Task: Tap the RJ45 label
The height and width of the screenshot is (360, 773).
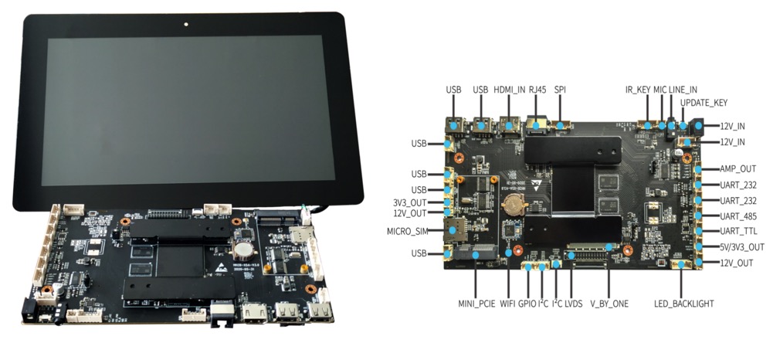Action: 537,90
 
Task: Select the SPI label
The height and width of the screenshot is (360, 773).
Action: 560,90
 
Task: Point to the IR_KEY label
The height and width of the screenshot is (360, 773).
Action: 637,90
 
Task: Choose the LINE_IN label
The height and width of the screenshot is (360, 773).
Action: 683,90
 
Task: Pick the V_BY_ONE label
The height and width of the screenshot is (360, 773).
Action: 609,304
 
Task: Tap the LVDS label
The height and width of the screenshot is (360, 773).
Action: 572,304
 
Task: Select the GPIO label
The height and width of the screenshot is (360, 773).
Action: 527,304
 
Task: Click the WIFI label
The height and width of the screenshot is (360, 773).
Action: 507,304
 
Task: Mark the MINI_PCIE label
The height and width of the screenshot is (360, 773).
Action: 475,304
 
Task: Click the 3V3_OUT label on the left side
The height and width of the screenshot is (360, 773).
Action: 409,202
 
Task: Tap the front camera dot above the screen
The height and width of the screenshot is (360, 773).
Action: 188,24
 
